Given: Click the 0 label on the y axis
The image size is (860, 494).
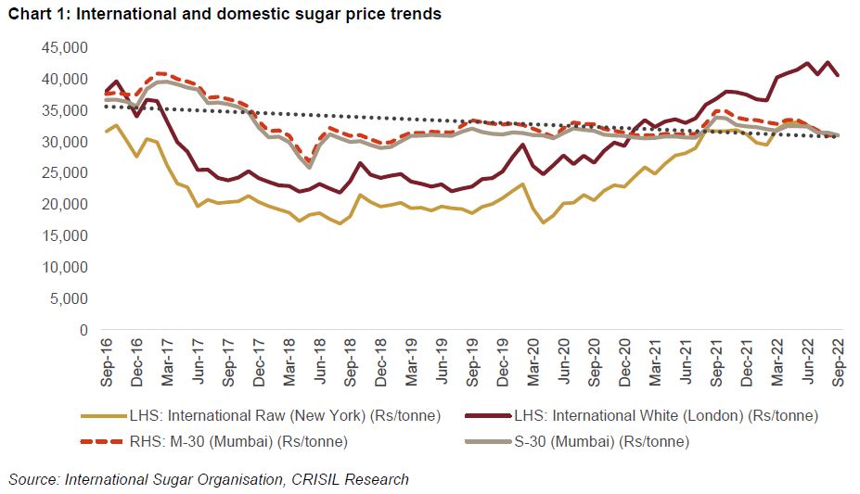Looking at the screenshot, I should click(x=83, y=330).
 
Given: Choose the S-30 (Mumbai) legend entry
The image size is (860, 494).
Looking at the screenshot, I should click(x=594, y=442).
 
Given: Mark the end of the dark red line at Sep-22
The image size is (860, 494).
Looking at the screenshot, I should click(x=840, y=76).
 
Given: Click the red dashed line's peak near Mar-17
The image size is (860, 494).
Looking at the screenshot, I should click(x=159, y=73).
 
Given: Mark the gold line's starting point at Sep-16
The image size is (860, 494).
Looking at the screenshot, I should click(x=105, y=132).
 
